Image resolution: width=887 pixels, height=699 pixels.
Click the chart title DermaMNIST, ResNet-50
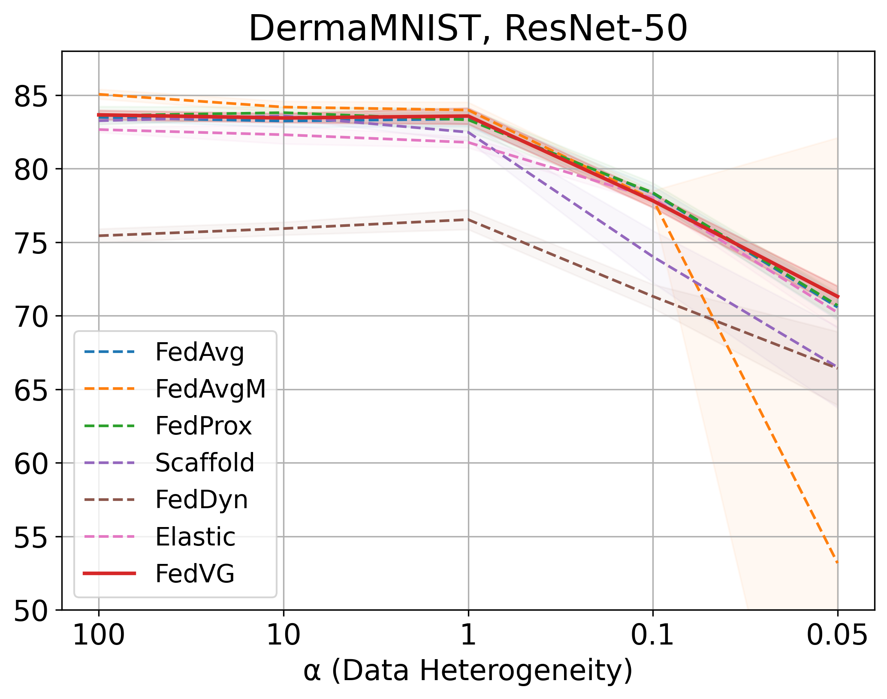click(x=468, y=28)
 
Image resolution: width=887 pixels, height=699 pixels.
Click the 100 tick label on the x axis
click(x=99, y=635)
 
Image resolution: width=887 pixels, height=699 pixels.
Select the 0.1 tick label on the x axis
click(x=653, y=635)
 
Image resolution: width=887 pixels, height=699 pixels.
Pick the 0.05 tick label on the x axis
click(x=837, y=635)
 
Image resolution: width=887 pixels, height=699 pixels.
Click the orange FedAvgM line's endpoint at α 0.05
click(x=837, y=563)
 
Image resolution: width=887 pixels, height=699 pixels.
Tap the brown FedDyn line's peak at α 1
click(x=468, y=220)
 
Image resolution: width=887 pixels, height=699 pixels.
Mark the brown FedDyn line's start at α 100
click(x=99, y=236)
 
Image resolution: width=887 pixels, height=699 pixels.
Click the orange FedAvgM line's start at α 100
click(x=99, y=94)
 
